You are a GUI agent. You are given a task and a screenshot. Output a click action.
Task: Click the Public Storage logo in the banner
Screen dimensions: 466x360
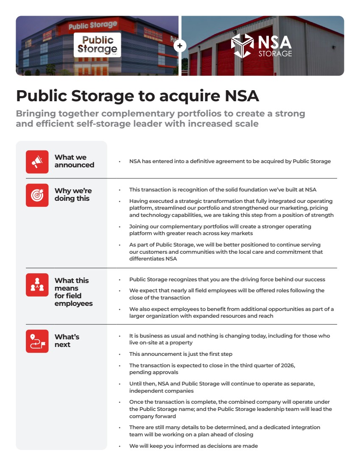(x=97, y=45)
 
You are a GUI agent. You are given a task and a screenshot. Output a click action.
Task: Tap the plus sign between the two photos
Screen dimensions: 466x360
(x=180, y=46)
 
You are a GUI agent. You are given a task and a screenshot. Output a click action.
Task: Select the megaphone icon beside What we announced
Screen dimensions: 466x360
(x=37, y=161)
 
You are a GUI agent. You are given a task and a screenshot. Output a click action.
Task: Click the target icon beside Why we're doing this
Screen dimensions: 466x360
(x=37, y=195)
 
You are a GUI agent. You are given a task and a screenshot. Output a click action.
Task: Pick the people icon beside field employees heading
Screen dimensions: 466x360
(x=37, y=285)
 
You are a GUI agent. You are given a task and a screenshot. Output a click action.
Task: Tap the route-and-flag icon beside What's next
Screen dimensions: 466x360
(x=37, y=341)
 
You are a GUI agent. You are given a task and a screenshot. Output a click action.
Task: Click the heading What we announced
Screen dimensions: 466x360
(x=74, y=161)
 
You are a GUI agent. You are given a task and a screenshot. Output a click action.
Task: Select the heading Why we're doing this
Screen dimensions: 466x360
(x=73, y=194)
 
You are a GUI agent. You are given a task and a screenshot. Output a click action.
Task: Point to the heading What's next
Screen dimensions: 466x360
(x=67, y=341)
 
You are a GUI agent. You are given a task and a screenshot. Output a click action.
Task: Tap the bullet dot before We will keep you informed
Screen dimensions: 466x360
(x=120, y=446)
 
